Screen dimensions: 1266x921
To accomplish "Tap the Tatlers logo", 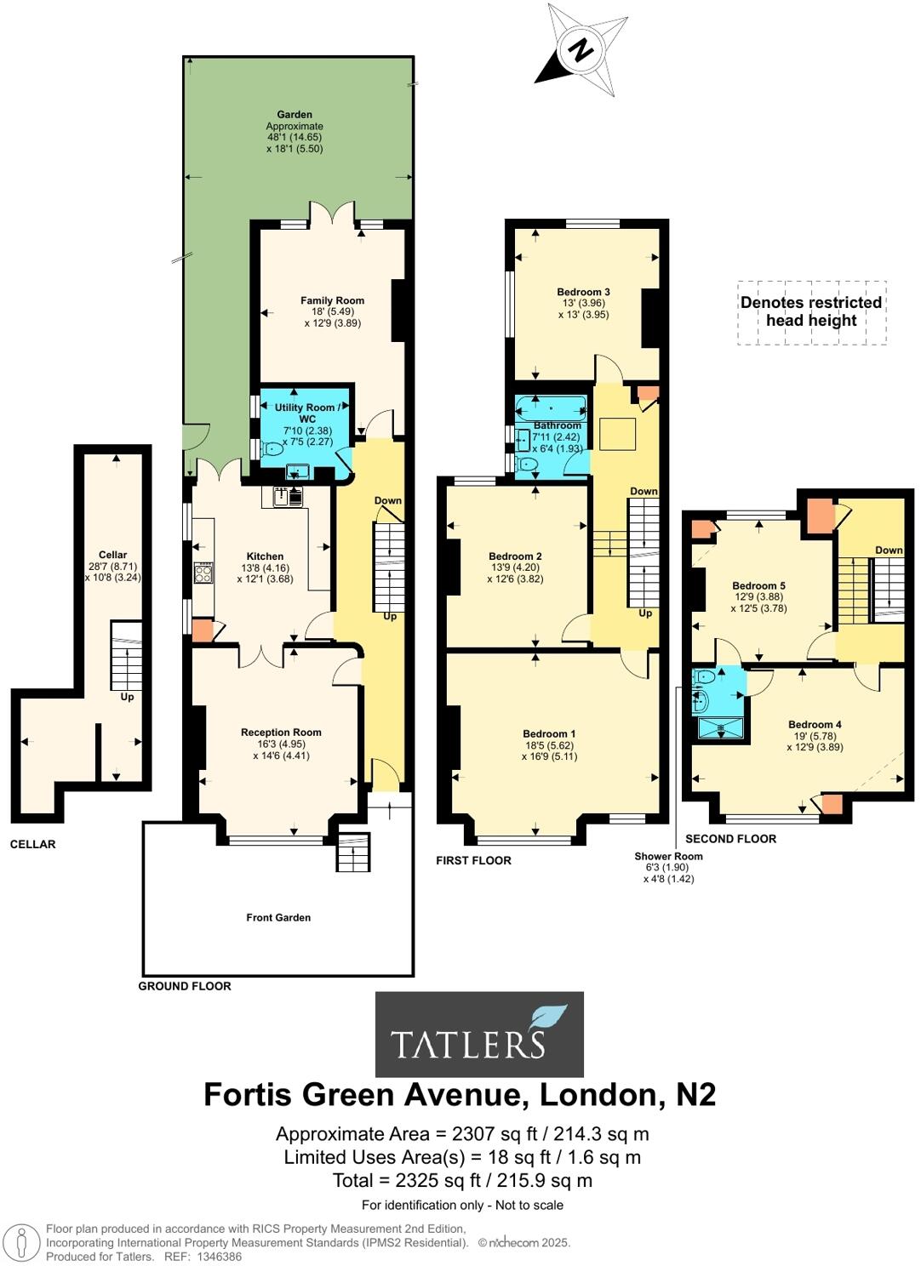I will click(479, 1034).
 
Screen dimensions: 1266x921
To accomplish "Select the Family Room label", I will click(332, 300).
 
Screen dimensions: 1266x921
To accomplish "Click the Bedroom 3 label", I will click(583, 292).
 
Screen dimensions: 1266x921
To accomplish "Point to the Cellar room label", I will click(113, 555).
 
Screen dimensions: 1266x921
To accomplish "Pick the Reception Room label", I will click(281, 733).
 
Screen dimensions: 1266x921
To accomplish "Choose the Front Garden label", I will click(278, 917).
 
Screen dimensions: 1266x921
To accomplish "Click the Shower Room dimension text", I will click(668, 868).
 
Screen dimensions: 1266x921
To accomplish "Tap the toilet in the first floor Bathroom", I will click(527, 465).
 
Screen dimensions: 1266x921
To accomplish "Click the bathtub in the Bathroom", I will click(551, 407).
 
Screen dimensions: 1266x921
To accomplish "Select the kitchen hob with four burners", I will click(203, 573).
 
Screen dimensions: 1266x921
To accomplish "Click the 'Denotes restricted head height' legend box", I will click(811, 312).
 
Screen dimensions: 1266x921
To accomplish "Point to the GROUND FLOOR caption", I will click(185, 986).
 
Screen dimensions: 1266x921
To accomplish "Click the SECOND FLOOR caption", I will click(730, 839).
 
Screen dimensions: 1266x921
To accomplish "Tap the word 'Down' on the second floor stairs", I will click(889, 550).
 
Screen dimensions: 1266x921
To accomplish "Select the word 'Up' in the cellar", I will click(127, 697).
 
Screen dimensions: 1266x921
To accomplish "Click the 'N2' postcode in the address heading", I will click(695, 1094).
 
